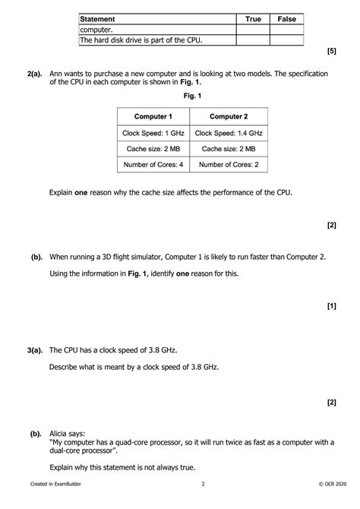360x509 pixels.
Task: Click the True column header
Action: click(252, 18)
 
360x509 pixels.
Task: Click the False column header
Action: click(286, 18)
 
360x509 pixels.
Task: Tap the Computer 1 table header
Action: click(153, 116)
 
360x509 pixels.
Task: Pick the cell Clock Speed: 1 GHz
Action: click(153, 132)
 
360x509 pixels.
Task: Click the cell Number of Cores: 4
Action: click(153, 164)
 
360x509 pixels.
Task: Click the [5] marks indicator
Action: click(331, 51)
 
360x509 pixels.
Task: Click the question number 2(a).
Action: click(33, 74)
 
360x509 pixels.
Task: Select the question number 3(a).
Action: click(33, 351)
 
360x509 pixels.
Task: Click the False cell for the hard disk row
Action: click(286, 40)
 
